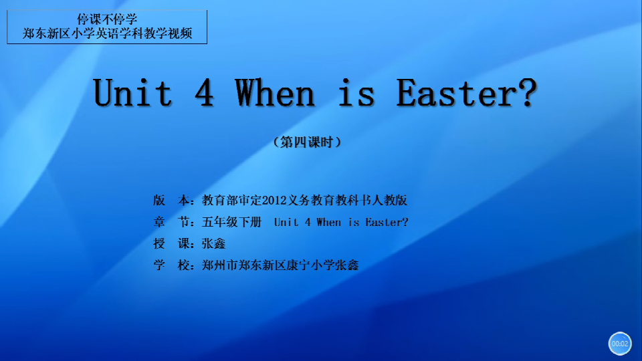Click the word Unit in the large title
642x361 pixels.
click(132, 93)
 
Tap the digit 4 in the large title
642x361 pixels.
click(204, 93)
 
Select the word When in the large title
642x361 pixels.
click(274, 93)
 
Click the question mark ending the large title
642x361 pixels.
click(527, 93)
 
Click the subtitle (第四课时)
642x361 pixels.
click(307, 142)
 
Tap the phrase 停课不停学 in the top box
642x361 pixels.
click(107, 19)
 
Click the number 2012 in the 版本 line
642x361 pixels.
click(274, 200)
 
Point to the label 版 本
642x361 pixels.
click(171, 200)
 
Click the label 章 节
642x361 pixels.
click(171, 222)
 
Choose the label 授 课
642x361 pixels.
click(171, 243)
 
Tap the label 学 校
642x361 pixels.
click(171, 265)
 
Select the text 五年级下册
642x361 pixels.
click(231, 222)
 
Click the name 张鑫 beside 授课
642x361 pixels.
click(213, 243)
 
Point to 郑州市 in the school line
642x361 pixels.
click(219, 265)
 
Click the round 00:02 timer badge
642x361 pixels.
click(620, 344)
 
